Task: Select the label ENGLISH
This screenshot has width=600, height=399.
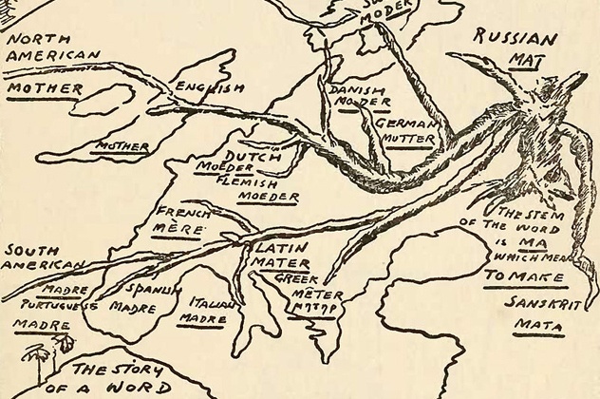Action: pos(209,87)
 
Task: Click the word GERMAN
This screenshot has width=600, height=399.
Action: pos(405,124)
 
